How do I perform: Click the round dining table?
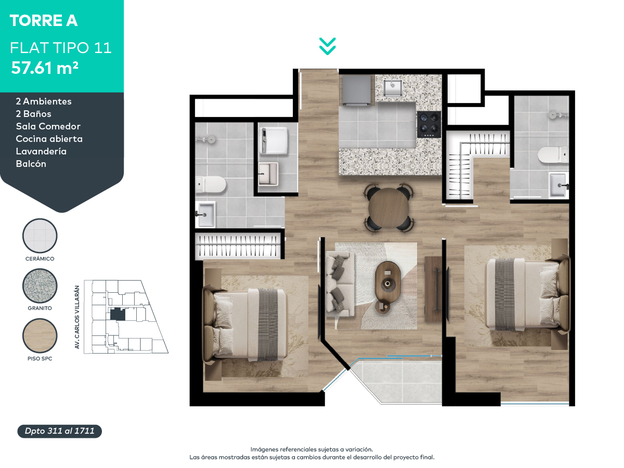tap(388, 207)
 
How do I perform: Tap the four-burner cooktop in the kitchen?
tap(428, 124)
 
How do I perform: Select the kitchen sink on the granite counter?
tap(393, 87)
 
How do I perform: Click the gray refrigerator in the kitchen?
tap(357, 90)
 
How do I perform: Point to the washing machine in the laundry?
tap(274, 140)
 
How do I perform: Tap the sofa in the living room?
tap(339, 284)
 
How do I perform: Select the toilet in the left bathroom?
tap(211, 185)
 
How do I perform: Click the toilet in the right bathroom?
tap(553, 155)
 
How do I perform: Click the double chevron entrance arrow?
tap(327, 46)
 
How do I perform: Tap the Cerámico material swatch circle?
tap(40, 236)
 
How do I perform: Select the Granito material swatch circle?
tap(40, 285)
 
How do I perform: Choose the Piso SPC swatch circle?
tap(40, 335)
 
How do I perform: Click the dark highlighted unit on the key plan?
tap(118, 314)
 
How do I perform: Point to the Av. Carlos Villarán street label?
tap(77, 317)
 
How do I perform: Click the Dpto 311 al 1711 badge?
tap(59, 431)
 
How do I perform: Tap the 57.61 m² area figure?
tap(45, 68)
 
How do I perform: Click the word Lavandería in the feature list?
tap(41, 151)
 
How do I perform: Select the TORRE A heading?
tap(44, 20)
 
